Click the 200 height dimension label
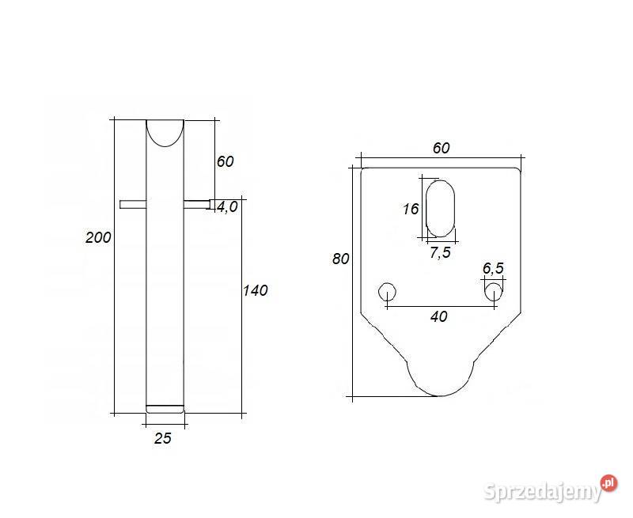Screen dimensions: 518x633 [x=98, y=237]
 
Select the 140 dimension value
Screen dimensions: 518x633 [x=255, y=290]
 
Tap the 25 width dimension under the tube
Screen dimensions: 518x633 [x=162, y=438]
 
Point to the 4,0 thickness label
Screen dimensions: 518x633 [x=227, y=207]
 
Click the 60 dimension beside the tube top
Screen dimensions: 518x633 [x=225, y=161]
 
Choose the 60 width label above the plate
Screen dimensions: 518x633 [x=441, y=148]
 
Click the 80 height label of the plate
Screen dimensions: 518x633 [x=340, y=259]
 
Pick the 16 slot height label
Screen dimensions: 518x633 [x=410, y=210]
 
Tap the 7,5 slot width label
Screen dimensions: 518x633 [x=441, y=252]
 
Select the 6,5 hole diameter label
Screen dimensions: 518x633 [x=492, y=268]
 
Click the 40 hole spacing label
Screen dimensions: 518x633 [x=439, y=316]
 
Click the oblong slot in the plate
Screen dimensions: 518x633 [x=441, y=208]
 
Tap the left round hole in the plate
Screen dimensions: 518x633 [x=387, y=291]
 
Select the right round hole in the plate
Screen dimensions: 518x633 [x=494, y=291]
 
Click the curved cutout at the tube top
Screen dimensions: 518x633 [x=165, y=131]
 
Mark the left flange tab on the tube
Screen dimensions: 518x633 [x=132, y=204]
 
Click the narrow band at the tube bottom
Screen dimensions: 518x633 [x=165, y=409]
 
